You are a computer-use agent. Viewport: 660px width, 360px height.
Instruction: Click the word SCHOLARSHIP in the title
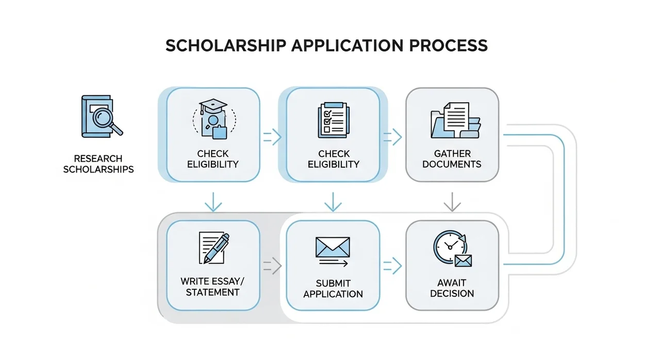(226, 46)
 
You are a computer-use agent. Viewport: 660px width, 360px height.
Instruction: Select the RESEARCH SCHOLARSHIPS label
(98, 164)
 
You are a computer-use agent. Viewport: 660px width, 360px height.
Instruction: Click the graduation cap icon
(213, 106)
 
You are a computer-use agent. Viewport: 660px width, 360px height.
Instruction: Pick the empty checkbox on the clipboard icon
(327, 129)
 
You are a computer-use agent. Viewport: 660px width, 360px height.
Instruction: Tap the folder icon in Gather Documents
(455, 120)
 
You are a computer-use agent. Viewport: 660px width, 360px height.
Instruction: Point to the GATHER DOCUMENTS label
(452, 159)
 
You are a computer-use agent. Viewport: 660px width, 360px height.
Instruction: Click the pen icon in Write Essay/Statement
(217, 248)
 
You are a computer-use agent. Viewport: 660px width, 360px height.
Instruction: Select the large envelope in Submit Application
(333, 247)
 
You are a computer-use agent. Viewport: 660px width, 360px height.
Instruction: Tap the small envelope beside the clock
(463, 261)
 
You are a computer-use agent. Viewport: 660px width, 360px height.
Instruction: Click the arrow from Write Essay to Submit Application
(272, 266)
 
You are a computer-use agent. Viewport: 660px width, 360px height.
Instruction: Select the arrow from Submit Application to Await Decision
(392, 266)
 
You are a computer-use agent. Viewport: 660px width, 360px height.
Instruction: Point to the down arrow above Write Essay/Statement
(213, 202)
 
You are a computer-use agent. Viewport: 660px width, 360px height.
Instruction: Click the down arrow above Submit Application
(333, 202)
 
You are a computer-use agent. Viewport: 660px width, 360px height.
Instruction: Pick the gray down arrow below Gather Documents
(452, 202)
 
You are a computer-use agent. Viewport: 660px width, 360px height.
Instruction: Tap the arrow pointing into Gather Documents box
(392, 137)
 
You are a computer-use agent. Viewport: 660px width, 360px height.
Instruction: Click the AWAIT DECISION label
(452, 288)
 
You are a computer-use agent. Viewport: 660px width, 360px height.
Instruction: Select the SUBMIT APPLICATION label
(333, 289)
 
